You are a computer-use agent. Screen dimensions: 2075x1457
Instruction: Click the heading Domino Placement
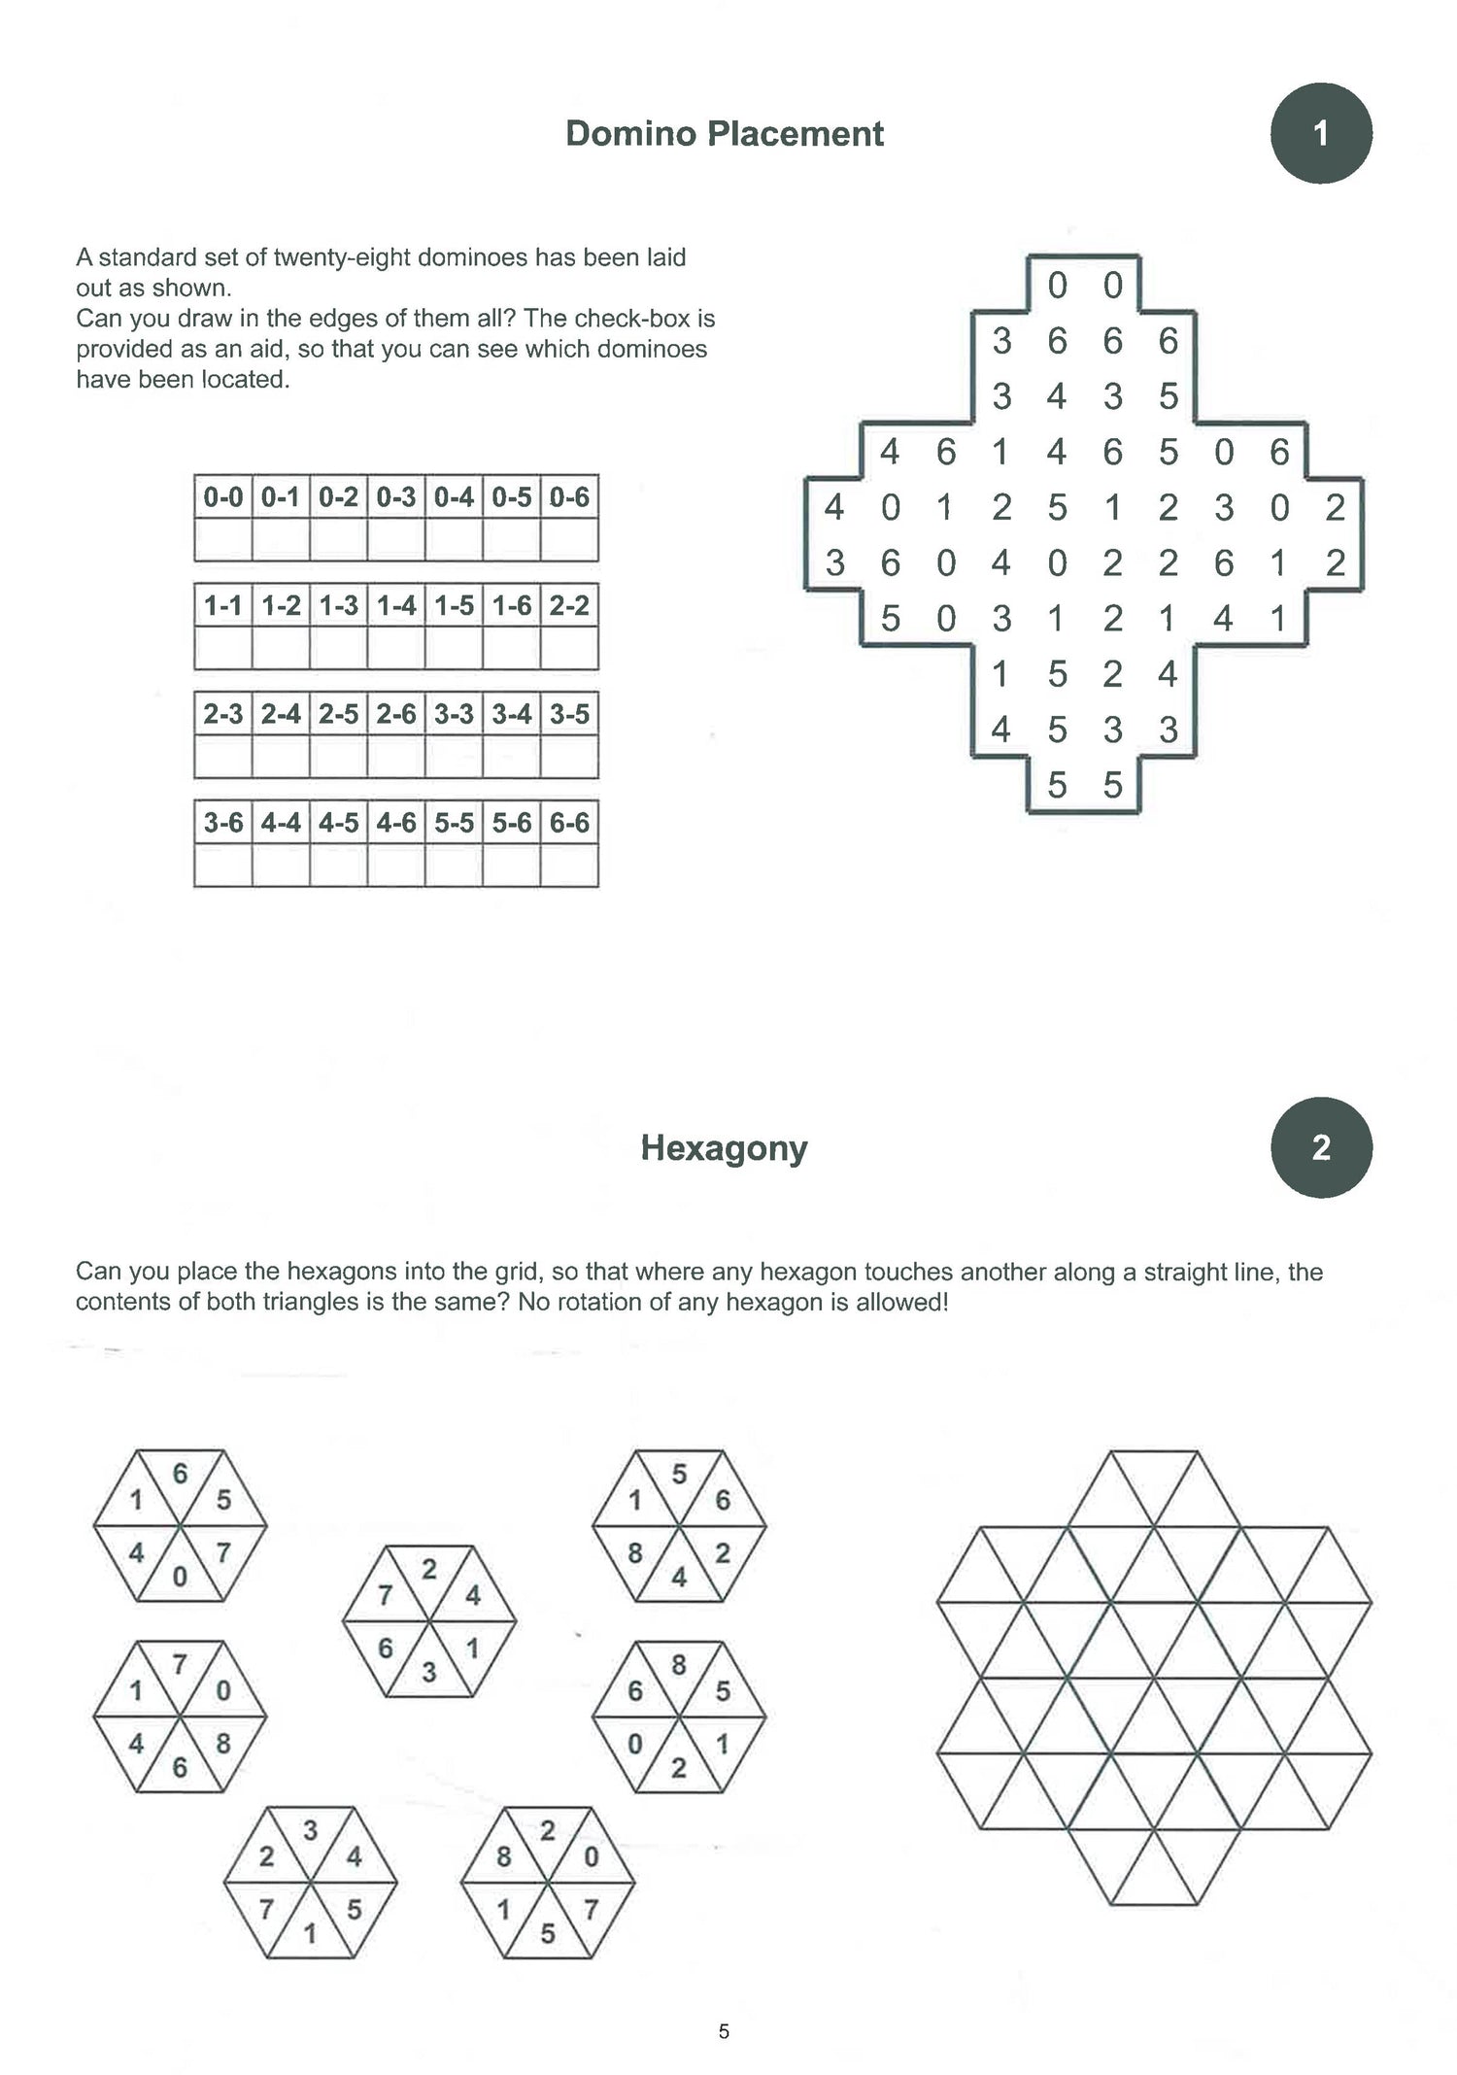point(724,134)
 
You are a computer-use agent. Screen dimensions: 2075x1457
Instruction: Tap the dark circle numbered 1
point(1320,133)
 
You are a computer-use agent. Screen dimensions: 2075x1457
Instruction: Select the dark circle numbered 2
point(1320,1147)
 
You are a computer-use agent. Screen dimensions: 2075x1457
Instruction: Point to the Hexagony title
point(724,1148)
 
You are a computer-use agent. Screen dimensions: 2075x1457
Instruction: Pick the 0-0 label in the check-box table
point(222,497)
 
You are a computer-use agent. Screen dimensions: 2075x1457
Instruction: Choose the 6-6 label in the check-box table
point(569,823)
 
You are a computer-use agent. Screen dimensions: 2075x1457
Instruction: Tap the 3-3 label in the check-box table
point(454,714)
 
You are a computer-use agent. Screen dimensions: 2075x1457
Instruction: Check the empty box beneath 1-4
point(396,648)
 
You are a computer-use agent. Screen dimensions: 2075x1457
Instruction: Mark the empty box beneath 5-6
point(512,866)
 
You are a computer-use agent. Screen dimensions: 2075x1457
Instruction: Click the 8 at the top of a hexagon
point(679,1665)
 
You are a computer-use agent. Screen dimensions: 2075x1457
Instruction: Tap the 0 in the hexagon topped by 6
point(180,1577)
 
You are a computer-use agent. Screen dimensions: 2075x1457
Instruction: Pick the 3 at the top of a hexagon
point(310,1830)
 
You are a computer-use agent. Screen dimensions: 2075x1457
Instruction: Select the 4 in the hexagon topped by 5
point(679,1578)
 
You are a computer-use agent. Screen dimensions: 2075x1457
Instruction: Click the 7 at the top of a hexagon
point(180,1665)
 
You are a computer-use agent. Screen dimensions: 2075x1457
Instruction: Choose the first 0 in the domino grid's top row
point(1057,286)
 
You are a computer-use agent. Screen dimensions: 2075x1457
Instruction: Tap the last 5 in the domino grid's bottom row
point(1113,785)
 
